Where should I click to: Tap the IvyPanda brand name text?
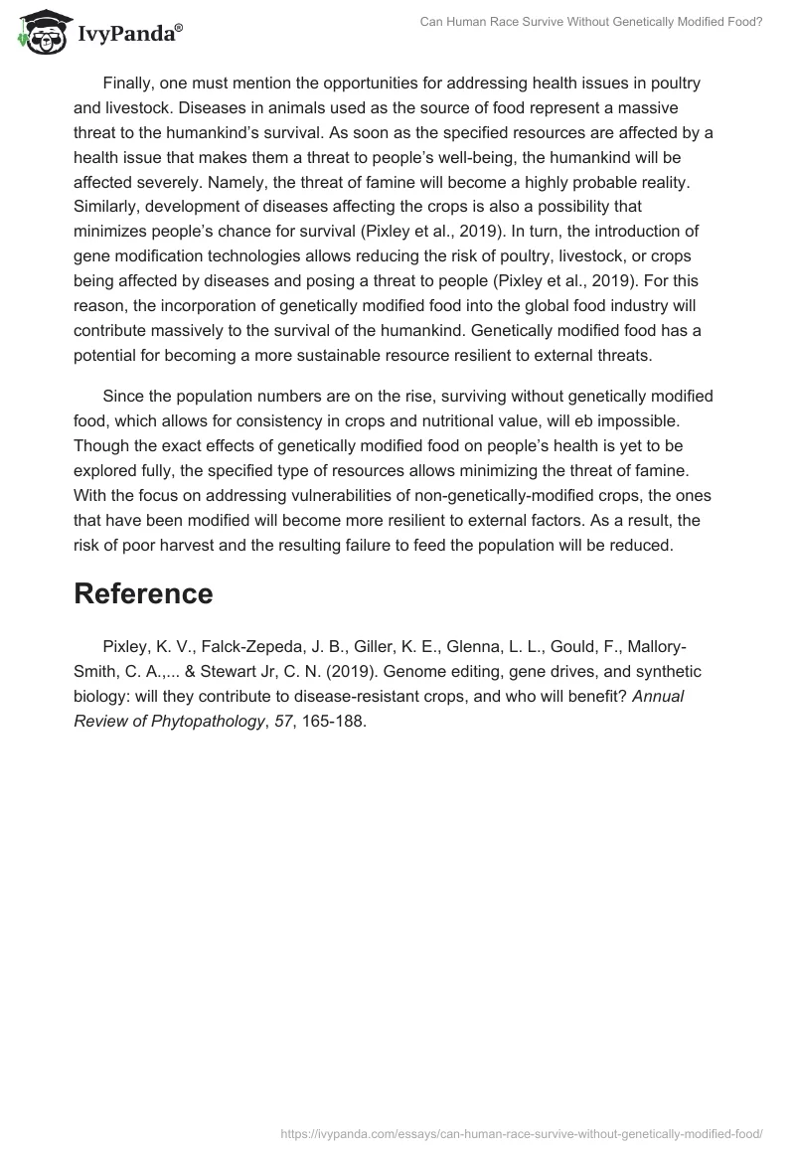[x=130, y=35]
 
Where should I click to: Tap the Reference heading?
[x=143, y=593]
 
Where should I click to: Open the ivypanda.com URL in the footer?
[x=522, y=1133]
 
